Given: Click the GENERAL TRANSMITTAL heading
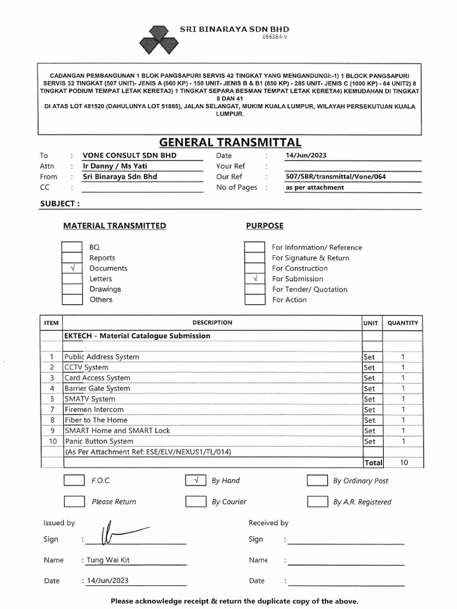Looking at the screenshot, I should (230, 142).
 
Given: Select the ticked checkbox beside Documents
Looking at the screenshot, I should (72, 268).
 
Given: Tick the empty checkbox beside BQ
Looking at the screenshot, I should (72, 247).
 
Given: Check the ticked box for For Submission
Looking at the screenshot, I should (255, 279).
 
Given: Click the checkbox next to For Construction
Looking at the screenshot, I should (255, 268).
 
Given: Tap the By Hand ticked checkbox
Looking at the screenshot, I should (196, 481).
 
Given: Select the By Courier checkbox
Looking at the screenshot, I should (196, 502).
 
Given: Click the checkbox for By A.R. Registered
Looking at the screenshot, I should (317, 502).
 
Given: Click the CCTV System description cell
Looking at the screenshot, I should (87, 368).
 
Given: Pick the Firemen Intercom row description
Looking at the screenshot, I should (94, 410).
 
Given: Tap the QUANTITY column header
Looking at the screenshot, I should (402, 323).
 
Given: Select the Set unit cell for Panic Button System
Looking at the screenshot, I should (370, 441).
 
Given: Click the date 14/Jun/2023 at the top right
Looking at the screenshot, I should (306, 156).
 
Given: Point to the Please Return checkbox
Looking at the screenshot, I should (74, 502).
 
